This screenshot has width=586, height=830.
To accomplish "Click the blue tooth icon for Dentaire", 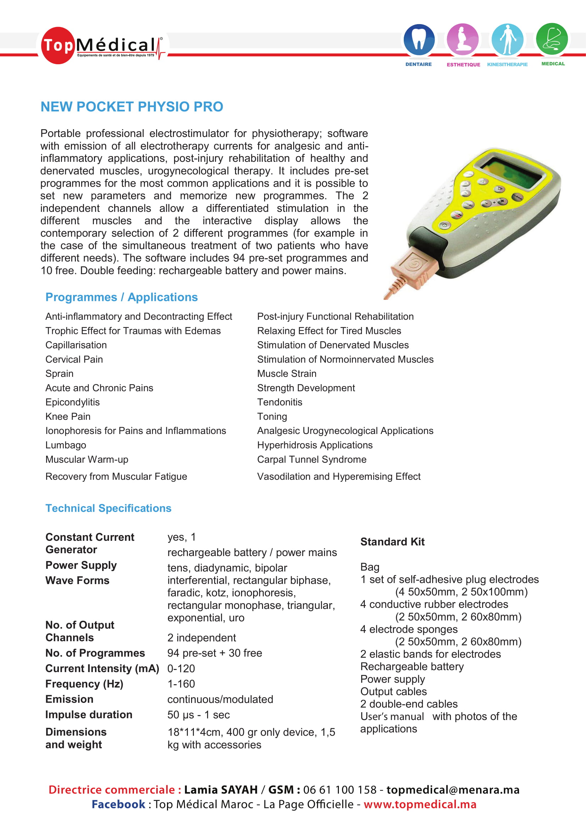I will point(419,39).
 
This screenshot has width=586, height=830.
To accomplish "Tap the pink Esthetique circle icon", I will point(463,39).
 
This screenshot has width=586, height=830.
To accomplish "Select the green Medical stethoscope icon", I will point(552,39).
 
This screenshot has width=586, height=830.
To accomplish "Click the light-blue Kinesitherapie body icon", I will point(507,39).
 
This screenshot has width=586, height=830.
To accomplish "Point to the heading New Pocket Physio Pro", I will point(132,107).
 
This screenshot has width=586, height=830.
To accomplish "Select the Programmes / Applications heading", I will point(121,297).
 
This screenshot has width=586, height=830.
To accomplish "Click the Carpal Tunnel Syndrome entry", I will point(312,460).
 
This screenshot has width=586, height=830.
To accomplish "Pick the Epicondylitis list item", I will point(73,402).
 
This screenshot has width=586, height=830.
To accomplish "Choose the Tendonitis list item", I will point(279,402).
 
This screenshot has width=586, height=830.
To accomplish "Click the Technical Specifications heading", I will point(108,508).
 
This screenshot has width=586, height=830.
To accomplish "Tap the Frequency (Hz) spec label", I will point(84,684).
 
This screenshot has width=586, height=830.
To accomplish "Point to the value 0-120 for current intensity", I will point(181,669).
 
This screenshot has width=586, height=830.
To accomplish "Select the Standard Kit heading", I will point(392,542).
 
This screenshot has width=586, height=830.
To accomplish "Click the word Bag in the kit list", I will point(370,567).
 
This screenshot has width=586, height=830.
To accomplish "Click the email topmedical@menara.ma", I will point(453,790).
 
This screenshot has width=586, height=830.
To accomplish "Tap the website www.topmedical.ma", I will point(420,804).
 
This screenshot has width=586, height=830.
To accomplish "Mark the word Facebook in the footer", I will point(118,804).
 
